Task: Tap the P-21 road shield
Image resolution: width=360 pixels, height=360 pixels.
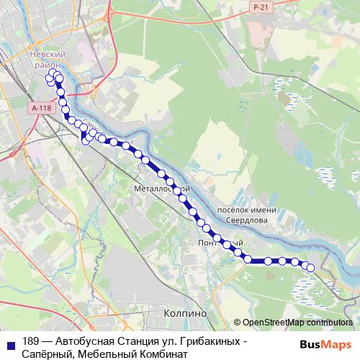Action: (x=261, y=6)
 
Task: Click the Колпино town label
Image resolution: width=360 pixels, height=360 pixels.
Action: (x=185, y=314)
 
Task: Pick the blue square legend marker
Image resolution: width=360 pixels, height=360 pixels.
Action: (x=10, y=342)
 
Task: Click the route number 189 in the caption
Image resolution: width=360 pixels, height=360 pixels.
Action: (x=32, y=341)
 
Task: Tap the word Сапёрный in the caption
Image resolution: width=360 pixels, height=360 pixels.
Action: (x=48, y=354)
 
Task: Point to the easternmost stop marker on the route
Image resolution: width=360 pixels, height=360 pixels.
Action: (x=311, y=268)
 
